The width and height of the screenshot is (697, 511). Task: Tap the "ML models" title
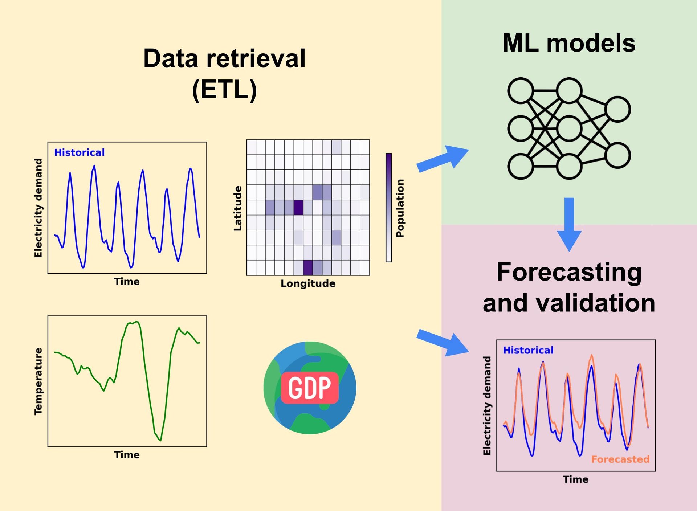click(x=568, y=43)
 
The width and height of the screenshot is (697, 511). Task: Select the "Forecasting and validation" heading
click(x=569, y=287)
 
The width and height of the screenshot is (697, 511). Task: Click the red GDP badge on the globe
click(x=310, y=388)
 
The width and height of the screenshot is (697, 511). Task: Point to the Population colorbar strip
click(x=388, y=207)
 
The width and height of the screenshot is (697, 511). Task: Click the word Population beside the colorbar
click(x=400, y=208)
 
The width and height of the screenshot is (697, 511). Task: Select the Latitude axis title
click(x=237, y=208)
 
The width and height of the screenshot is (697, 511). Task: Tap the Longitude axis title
click(x=308, y=283)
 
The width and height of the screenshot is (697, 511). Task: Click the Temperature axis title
click(x=38, y=381)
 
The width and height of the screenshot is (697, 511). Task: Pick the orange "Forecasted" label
click(x=620, y=459)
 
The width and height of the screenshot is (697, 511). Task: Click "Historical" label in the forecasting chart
click(x=528, y=350)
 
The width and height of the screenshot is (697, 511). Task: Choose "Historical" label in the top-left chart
click(x=79, y=152)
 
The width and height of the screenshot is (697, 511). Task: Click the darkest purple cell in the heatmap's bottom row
click(x=308, y=267)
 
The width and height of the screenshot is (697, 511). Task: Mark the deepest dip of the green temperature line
click(x=160, y=440)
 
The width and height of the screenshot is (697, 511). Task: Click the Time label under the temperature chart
click(x=127, y=455)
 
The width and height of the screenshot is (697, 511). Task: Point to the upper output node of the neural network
click(x=617, y=109)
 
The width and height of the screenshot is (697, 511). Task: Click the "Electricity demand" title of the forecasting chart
click(x=487, y=405)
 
